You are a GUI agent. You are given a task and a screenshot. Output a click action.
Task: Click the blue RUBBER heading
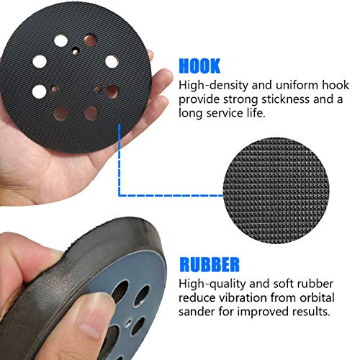pyautogui.click(x=220, y=262)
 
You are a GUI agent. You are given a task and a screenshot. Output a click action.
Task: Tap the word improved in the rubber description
pyautogui.click(x=268, y=312)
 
